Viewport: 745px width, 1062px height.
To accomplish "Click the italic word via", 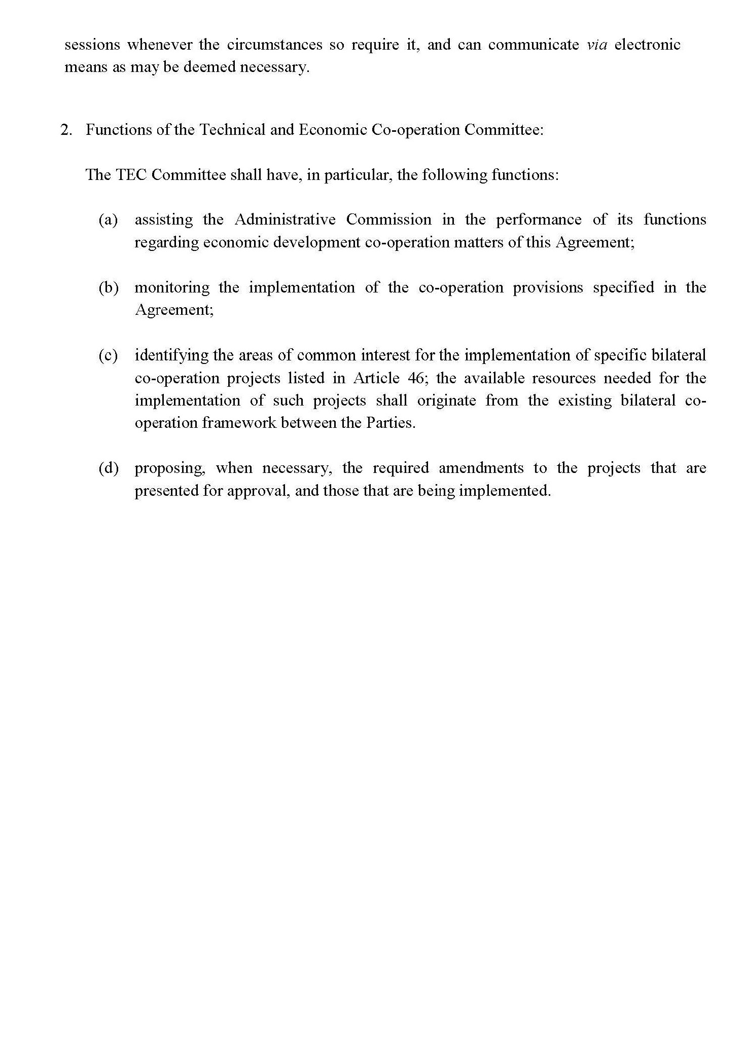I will click(596, 45).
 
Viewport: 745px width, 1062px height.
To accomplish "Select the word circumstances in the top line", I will click(274, 45).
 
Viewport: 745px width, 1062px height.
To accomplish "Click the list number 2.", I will click(66, 130).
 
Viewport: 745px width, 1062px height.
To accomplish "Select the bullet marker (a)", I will click(108, 220).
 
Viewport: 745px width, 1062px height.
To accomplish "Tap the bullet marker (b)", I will click(108, 288).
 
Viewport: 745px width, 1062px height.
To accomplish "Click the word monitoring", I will click(172, 288).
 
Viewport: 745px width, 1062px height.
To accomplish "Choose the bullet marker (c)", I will click(108, 355).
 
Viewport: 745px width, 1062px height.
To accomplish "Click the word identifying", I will click(171, 355).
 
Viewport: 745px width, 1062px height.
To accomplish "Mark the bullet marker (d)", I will click(108, 468).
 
